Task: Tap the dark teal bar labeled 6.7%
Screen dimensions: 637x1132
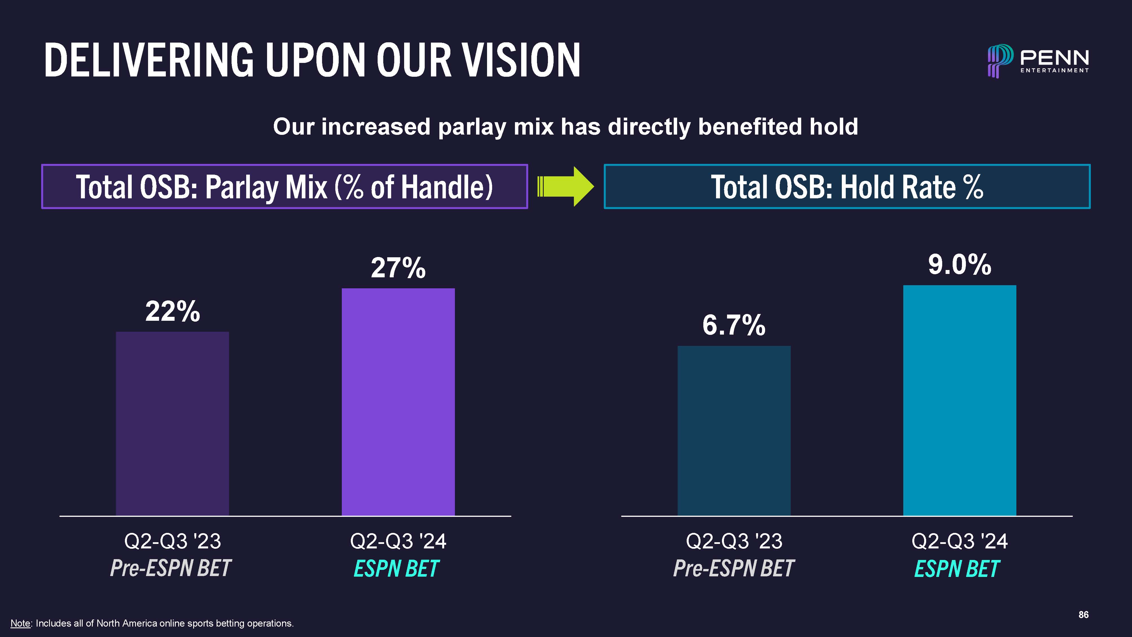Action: coord(734,430)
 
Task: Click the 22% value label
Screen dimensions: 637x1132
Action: coord(173,312)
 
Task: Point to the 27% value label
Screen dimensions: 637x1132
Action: coord(398,268)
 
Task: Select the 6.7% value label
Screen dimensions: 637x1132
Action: coord(734,326)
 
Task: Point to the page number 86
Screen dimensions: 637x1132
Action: coord(1083,615)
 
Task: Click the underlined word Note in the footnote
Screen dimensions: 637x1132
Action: coord(20,623)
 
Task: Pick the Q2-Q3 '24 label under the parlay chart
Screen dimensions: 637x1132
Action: coord(398,541)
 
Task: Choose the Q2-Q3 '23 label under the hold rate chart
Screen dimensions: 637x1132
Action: coord(734,541)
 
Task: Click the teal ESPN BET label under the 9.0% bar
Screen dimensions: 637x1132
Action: coord(957,569)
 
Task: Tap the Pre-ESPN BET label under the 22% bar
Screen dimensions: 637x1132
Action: coord(171,568)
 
